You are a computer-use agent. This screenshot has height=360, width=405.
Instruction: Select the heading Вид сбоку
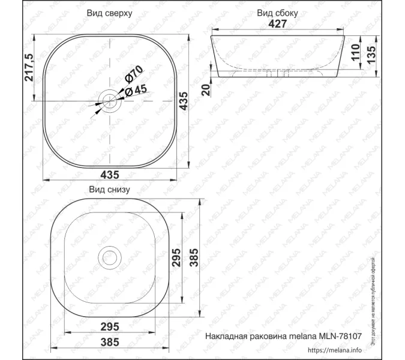click(x=277, y=13)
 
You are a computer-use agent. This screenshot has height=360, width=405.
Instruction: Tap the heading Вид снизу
click(x=109, y=189)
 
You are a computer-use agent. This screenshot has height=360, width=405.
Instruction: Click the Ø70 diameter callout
click(x=133, y=76)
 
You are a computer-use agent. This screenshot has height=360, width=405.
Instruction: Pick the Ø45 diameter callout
click(x=137, y=90)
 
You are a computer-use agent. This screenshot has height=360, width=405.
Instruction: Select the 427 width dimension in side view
click(x=278, y=23)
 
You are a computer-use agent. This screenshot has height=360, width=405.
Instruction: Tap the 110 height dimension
click(x=355, y=54)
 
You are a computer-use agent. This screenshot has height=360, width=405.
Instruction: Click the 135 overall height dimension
click(x=371, y=56)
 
